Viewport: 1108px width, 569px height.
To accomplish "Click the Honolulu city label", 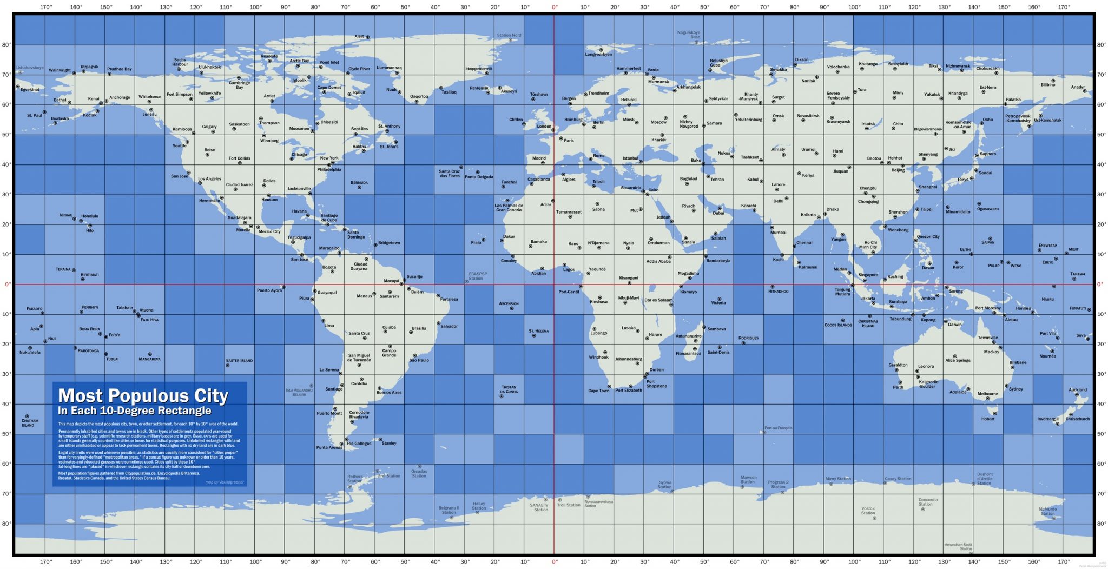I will tap(90, 216).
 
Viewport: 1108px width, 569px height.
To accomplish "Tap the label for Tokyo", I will tap(963, 180).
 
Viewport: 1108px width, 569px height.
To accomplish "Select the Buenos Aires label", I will tap(388, 393).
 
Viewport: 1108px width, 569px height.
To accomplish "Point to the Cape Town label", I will tap(598, 391).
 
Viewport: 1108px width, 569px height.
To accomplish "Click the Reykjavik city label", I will tap(479, 88).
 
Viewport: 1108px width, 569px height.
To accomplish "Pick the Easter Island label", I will tap(239, 360).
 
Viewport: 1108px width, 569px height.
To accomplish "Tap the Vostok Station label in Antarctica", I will tap(868, 511).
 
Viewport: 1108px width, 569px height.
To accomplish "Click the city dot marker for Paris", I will tap(561, 138).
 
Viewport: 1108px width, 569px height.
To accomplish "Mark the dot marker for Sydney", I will tap(1006, 386).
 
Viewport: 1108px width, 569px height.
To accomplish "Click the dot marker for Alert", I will tap(368, 37).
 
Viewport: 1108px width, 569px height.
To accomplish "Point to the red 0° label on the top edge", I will tap(555, 8).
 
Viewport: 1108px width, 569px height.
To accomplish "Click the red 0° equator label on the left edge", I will tap(8, 284).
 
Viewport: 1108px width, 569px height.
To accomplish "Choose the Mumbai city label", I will tap(778, 233).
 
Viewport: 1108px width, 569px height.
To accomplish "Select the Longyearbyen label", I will tap(598, 54).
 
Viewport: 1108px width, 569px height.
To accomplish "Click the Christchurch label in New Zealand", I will tap(1077, 419).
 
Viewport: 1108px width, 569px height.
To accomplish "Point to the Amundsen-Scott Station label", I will tap(958, 546).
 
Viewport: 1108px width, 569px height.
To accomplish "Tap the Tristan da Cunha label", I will tap(509, 389).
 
